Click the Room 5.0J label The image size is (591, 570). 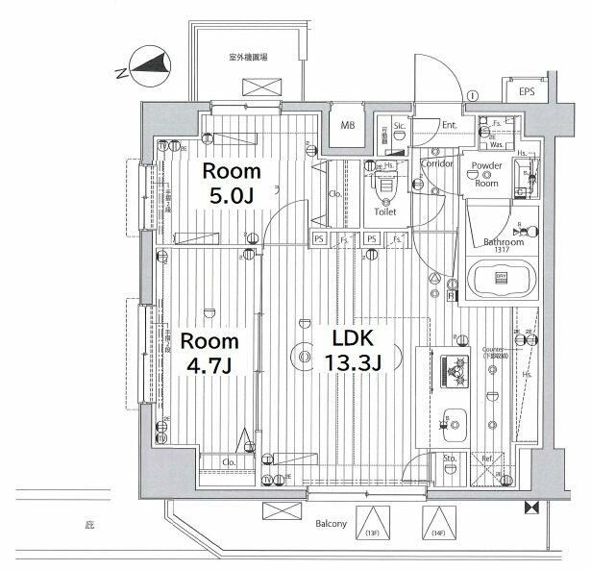point(230,185)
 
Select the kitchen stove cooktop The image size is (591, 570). point(451,370)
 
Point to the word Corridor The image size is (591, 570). point(436,164)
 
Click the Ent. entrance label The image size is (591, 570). point(449,124)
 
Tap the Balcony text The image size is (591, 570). point(330,525)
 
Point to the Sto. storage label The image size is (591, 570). point(451,459)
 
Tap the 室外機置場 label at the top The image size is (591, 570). point(248,59)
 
